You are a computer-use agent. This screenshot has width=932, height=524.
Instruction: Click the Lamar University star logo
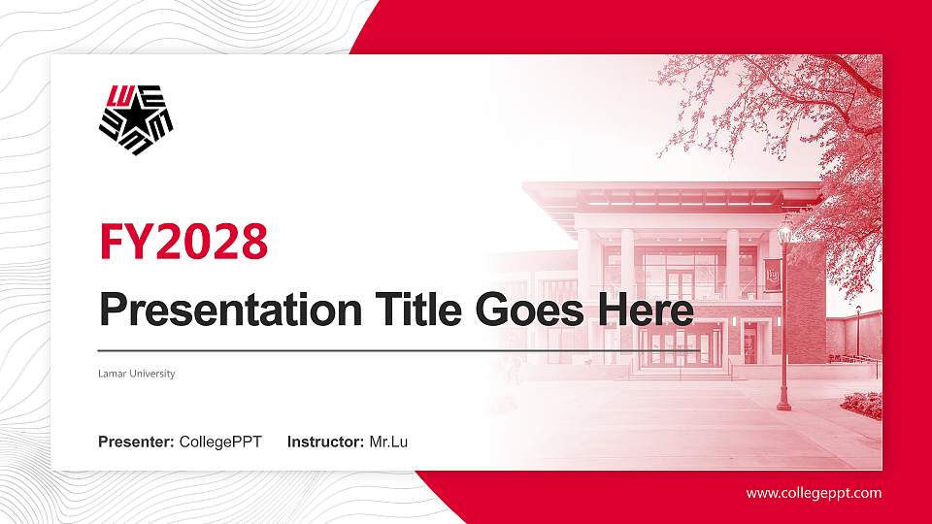pyautogui.click(x=136, y=119)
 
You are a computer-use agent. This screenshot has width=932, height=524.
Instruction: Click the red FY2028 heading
pyautogui.click(x=183, y=242)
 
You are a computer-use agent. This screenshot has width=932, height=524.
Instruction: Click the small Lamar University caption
pyautogui.click(x=137, y=374)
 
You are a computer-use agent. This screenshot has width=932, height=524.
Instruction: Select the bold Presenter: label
pyautogui.click(x=137, y=442)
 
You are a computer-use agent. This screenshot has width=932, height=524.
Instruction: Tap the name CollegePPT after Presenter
pyautogui.click(x=220, y=442)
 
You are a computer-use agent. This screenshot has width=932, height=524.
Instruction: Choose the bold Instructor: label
pyautogui.click(x=326, y=442)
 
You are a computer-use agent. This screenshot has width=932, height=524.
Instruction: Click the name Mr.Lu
pyautogui.click(x=388, y=442)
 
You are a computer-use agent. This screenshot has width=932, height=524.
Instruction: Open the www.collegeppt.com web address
pyautogui.click(x=814, y=493)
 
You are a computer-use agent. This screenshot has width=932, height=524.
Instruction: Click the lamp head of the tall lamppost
pyautogui.click(x=784, y=232)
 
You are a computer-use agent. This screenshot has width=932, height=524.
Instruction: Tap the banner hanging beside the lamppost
pyautogui.click(x=773, y=276)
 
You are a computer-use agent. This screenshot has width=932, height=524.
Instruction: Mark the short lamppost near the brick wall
pyautogui.click(x=858, y=330)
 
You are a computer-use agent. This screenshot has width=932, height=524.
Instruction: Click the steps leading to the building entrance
pyautogui.click(x=680, y=373)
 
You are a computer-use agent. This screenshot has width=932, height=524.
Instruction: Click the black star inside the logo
pyautogui.click(x=133, y=121)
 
